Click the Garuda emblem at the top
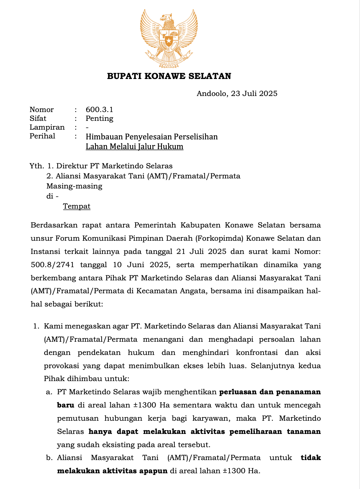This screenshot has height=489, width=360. click(169, 38)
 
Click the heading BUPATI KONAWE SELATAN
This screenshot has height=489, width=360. click(169, 76)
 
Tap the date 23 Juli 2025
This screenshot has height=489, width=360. click(254, 93)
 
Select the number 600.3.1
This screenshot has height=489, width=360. click(99, 110)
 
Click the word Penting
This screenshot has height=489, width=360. click(99, 118)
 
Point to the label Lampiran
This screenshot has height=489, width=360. click(47, 127)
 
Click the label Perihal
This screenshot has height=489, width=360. click(42, 136)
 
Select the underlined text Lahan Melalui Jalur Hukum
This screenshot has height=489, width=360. click(135, 147)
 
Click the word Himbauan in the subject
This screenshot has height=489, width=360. click(104, 137)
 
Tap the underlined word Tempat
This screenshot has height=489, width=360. click(77, 206)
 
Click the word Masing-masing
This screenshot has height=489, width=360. click(75, 186)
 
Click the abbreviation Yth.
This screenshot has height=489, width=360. click(37, 166)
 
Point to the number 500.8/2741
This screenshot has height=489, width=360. click(53, 265)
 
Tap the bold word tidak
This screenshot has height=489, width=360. click(311, 458)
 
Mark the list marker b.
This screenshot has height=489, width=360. click(49, 458)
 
